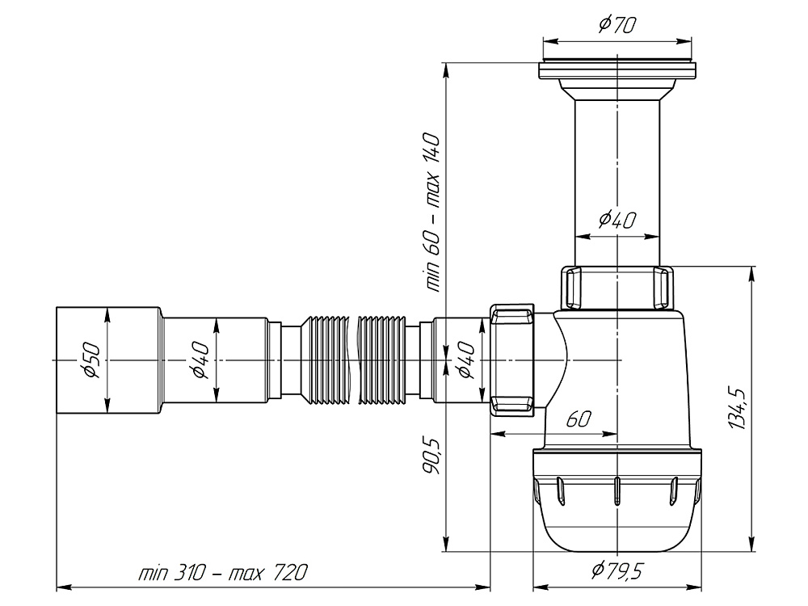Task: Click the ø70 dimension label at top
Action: [616, 24]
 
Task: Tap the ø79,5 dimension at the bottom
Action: [616, 571]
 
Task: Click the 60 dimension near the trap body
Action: [579, 419]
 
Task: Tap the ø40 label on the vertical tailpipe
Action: [616, 219]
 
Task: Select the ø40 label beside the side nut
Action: [465, 359]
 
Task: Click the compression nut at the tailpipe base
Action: [617, 288]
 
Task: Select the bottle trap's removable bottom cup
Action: [616, 505]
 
